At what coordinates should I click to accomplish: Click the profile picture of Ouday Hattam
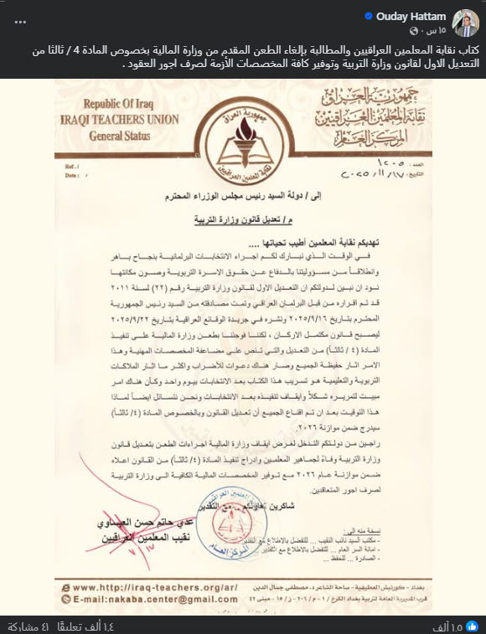[x=465, y=23]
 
